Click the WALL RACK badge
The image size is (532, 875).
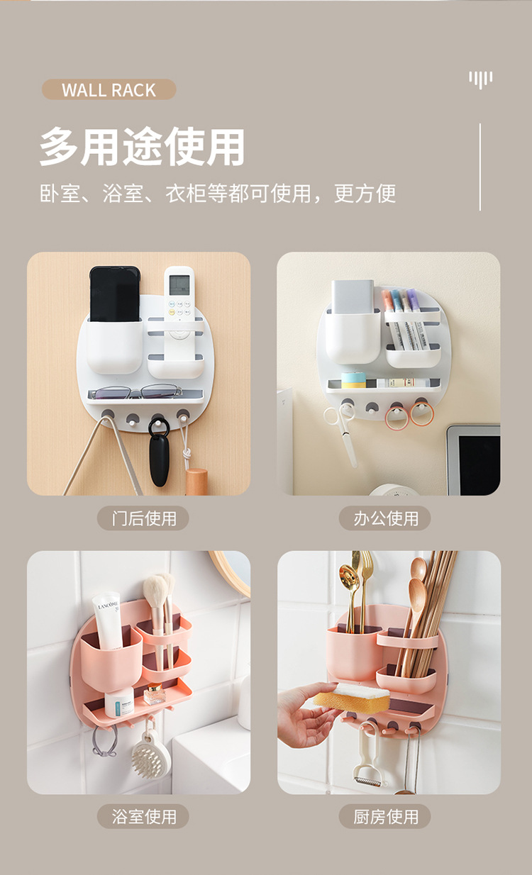point(109,90)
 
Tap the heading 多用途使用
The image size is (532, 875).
point(142,147)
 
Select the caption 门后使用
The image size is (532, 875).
point(143,518)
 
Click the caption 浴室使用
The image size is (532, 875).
point(143,816)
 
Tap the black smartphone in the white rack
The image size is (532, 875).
point(114,294)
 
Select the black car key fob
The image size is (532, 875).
point(160,457)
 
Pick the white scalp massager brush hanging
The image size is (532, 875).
point(150,755)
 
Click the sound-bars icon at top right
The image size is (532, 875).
point(480,79)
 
